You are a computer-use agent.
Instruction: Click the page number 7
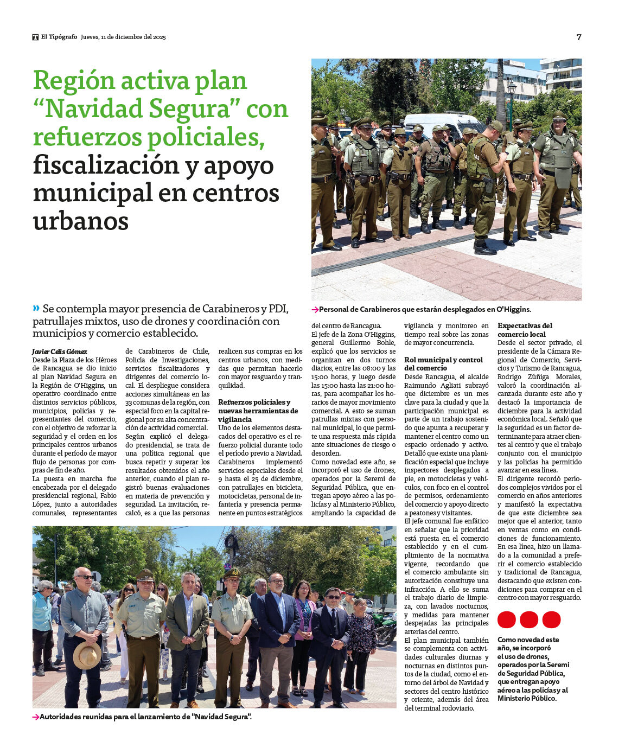(x=579, y=37)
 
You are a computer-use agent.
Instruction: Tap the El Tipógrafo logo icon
(x=35, y=37)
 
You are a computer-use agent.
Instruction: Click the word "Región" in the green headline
(x=73, y=81)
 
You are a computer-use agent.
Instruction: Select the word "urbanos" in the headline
(x=81, y=221)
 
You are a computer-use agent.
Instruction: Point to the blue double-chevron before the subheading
(x=36, y=308)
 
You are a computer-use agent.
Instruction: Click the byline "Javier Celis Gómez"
(x=60, y=352)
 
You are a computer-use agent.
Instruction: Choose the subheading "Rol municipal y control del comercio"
(x=444, y=364)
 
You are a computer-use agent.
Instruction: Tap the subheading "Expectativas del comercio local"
(x=525, y=330)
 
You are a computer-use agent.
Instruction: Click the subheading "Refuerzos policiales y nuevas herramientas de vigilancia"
(x=258, y=411)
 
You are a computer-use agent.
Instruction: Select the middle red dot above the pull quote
(x=529, y=619)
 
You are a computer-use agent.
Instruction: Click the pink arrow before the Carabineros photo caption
(x=315, y=310)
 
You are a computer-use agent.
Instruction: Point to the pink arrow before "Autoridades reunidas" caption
(x=36, y=717)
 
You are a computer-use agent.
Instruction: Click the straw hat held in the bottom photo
(x=87, y=655)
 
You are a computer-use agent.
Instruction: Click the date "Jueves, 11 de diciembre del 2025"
(x=123, y=37)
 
